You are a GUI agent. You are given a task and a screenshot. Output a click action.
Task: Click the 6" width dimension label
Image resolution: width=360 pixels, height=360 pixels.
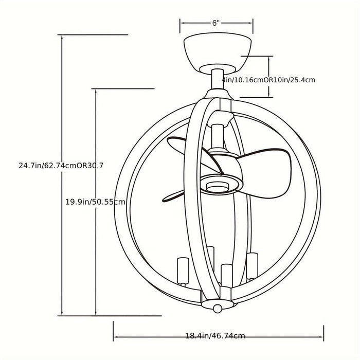coord(216,23)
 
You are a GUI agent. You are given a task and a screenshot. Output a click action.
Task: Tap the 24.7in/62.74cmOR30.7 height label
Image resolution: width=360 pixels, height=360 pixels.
coord(61,165)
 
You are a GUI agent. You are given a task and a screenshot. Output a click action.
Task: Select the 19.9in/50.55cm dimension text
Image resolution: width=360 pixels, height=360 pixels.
coord(96,202)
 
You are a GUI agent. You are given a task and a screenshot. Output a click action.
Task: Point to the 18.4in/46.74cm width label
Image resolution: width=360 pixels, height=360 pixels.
coord(215,336)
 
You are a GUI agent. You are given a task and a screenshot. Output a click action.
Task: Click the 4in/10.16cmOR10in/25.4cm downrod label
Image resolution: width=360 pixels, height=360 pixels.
coord(268,80)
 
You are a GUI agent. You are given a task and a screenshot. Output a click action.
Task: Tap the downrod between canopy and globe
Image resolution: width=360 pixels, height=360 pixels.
coord(218,79)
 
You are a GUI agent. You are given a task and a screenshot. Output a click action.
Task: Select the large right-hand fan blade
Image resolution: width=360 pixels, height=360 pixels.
coord(264,173)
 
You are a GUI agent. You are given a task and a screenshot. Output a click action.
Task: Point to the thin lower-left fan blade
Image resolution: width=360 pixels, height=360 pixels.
coord(173,197)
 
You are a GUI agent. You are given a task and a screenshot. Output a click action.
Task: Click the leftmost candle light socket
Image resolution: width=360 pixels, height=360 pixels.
coord(183,272)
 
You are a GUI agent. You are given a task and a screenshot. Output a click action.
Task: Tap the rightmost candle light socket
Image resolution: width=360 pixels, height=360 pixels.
coord(252,266)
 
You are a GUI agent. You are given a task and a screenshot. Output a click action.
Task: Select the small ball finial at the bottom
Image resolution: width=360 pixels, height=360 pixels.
coord(218,309)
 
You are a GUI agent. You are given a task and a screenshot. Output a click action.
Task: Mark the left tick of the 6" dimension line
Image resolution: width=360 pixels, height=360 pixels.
coord(180,26)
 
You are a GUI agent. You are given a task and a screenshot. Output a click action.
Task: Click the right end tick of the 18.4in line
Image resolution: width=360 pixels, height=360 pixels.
coord(323,333)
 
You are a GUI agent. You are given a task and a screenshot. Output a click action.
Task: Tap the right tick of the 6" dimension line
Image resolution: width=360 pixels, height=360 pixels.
coord(253,26)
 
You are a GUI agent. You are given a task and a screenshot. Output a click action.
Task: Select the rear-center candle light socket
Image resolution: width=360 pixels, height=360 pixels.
coord(210,258)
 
